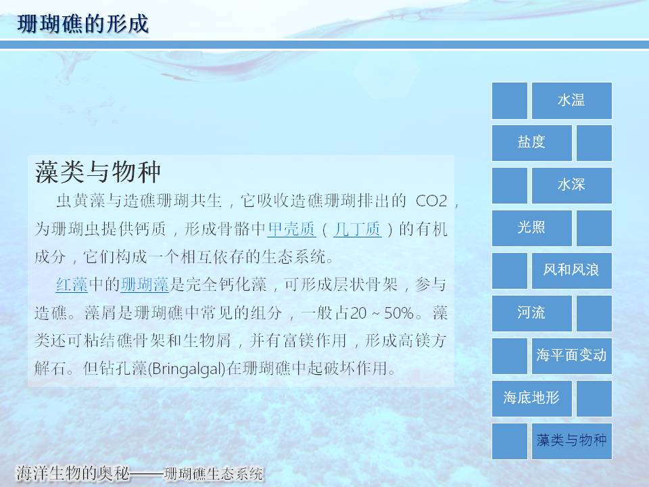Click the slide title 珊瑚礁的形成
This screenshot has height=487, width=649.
coord(82,24)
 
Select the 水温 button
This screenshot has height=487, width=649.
coord(572,101)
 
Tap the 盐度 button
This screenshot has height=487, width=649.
coord(532,143)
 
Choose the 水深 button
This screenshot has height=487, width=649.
coord(572,185)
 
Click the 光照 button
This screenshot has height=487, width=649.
coord(532,228)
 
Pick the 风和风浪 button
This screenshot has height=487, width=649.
coord(572,271)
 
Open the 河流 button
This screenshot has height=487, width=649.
coord(532,313)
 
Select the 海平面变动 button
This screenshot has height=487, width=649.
coord(572,356)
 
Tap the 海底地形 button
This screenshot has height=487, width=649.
coord(532,399)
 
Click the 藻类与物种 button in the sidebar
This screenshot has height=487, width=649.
coord(572,442)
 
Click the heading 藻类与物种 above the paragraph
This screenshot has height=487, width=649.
coord(97,172)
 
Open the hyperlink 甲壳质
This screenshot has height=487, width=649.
coord(292,229)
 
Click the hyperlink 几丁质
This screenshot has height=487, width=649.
coord(357,229)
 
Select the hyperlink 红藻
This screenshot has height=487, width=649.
coord(72,285)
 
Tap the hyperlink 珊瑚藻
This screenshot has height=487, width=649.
coord(145,285)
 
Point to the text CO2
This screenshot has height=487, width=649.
coord(431,202)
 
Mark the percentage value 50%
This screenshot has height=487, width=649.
coord(399,313)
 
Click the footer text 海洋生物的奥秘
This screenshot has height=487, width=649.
coord(73,473)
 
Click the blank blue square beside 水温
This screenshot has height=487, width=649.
coord(510,101)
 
